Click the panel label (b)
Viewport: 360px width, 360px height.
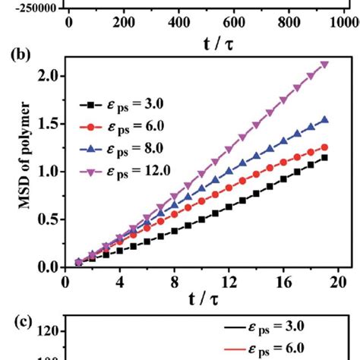(21, 55)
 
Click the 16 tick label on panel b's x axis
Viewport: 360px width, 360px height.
(284, 280)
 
